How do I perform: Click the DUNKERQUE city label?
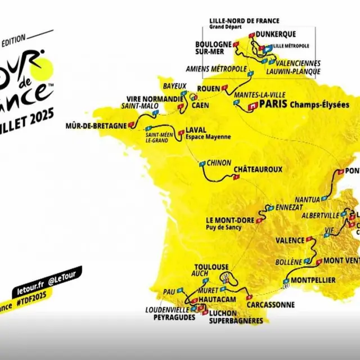(276, 34)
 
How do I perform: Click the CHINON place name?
(219, 163)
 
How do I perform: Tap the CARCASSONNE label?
(270, 305)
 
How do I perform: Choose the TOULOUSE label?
(211, 267)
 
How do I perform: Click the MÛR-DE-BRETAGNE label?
(96, 125)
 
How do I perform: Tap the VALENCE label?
(290, 240)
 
